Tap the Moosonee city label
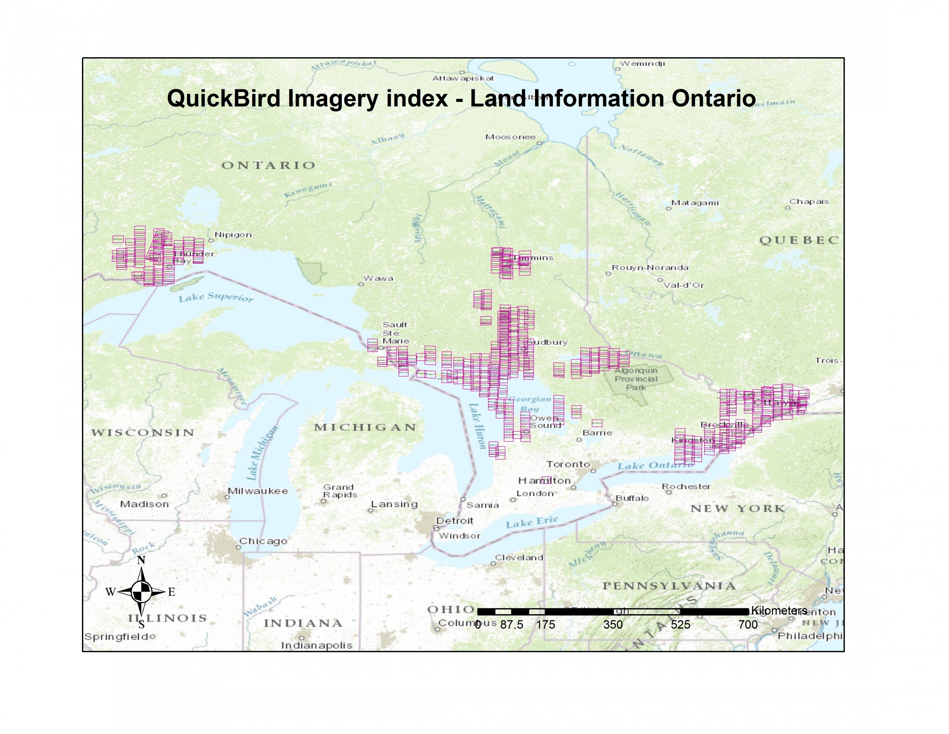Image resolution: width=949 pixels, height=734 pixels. pyautogui.click(x=510, y=137)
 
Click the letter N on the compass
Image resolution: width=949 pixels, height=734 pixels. pyautogui.click(x=141, y=560)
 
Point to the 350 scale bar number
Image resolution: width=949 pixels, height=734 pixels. pyautogui.click(x=613, y=625)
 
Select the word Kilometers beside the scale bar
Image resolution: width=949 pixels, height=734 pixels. pyautogui.click(x=779, y=610)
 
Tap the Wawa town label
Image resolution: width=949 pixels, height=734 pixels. pyautogui.click(x=378, y=278)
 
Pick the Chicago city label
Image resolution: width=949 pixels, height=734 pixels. pyautogui.click(x=263, y=541)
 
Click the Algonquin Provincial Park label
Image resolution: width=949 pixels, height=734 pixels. pyautogui.click(x=636, y=379)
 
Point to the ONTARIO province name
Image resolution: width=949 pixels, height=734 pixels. pyautogui.click(x=268, y=165)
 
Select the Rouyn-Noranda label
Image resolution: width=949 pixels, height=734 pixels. pyautogui.click(x=650, y=268)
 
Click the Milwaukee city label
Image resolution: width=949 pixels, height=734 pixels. pyautogui.click(x=258, y=491)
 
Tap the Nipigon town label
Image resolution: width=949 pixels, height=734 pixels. pyautogui.click(x=233, y=235)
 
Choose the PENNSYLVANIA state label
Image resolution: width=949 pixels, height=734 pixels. pyautogui.click(x=669, y=586)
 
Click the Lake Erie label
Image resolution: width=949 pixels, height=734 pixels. pyautogui.click(x=531, y=522)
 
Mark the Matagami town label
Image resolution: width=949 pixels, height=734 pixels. pyautogui.click(x=695, y=203)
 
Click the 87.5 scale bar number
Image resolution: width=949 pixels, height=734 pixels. pyautogui.click(x=512, y=625)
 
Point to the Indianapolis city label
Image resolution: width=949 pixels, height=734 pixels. pyautogui.click(x=316, y=645)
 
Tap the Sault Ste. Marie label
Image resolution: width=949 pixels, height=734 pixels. pyautogui.click(x=395, y=333)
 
